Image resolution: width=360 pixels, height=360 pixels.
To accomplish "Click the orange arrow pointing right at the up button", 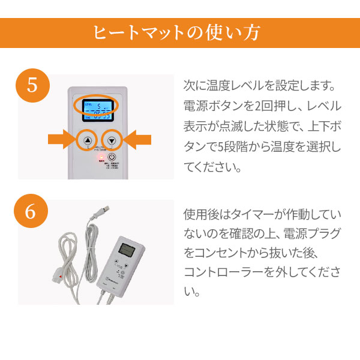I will pyautogui.click(x=62, y=140).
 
